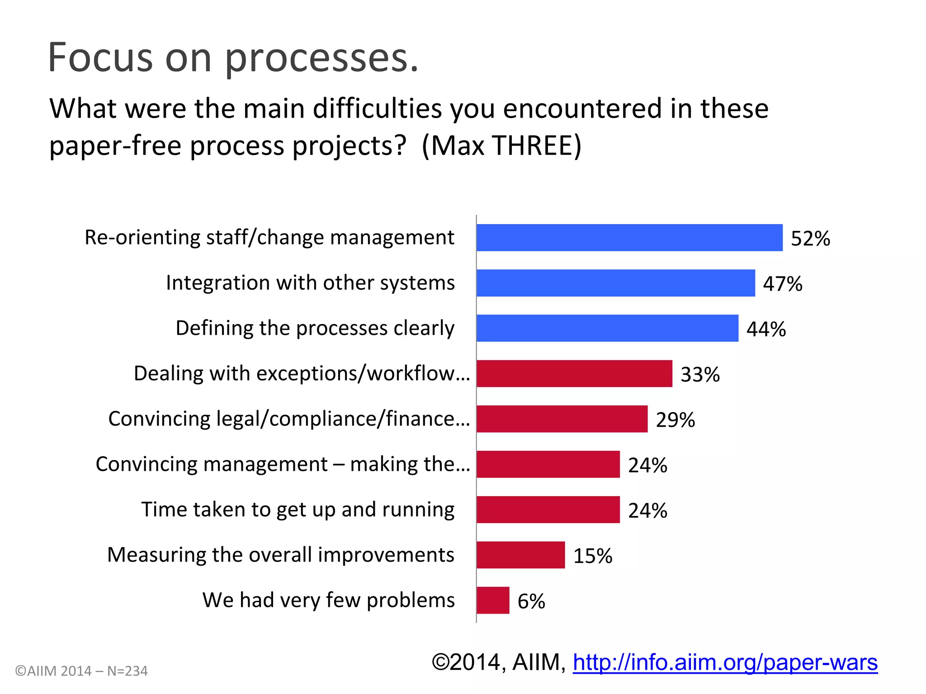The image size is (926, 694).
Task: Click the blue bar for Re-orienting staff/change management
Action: coord(629,238)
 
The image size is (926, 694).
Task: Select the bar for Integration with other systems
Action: coord(615,283)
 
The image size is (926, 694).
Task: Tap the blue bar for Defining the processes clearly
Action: coord(607,328)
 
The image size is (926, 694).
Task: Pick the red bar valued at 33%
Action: coord(574,374)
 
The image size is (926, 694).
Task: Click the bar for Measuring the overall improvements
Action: coord(520,555)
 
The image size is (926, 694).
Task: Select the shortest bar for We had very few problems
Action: coord(493,600)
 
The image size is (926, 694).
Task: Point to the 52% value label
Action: coord(810,239)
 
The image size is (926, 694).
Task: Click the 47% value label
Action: coord(782,284)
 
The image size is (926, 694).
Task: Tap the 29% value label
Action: coord(675,420)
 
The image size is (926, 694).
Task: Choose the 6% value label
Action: coord(531,601)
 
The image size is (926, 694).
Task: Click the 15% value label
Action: coord(592,556)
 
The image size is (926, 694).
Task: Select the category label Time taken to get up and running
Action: coord(298,510)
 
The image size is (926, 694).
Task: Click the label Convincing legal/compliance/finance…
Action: coord(289,419)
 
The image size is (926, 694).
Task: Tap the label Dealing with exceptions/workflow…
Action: coord(302,374)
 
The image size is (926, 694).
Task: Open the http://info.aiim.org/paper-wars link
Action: coord(725,662)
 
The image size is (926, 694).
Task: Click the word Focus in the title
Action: coord(100,57)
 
